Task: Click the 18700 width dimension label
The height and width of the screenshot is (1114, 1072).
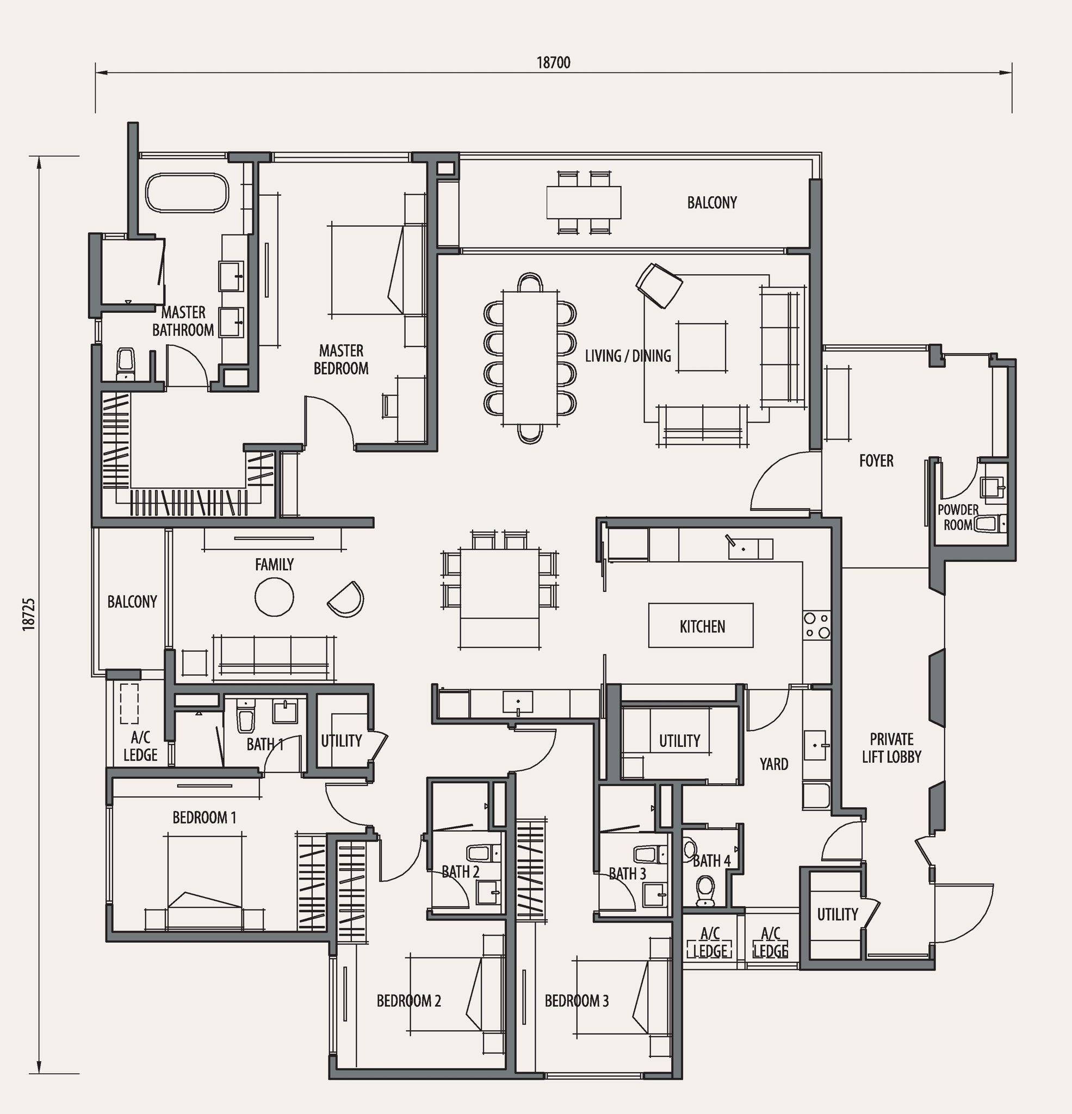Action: [553, 63]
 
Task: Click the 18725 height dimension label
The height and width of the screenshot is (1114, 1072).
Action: [29, 613]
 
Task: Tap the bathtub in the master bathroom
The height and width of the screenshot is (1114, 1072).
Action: [187, 193]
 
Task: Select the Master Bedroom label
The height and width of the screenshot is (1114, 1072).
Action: [341, 359]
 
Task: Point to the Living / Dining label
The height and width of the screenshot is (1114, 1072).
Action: [628, 356]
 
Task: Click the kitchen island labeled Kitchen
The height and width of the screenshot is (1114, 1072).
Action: [701, 626]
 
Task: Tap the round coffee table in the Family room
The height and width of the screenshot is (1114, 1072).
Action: [274, 597]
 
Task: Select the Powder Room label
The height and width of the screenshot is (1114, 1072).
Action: [958, 517]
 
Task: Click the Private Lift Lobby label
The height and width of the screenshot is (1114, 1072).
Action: [891, 748]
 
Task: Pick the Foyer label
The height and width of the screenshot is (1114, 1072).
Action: [876, 460]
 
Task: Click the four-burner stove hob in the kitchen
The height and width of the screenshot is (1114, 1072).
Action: [817, 625]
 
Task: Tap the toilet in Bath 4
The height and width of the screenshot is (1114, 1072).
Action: [705, 890]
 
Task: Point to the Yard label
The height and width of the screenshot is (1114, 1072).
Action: [773, 764]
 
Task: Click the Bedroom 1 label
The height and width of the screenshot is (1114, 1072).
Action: [204, 818]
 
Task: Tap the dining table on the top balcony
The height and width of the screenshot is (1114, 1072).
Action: [584, 202]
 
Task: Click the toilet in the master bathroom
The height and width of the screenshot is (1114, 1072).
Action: [126, 364]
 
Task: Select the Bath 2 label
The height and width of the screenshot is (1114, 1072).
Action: [461, 871]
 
